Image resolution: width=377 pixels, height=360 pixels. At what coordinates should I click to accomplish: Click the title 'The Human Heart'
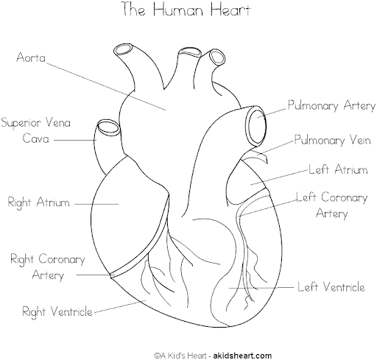pos(186,10)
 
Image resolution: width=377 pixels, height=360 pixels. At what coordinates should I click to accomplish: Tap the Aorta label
pos(31,57)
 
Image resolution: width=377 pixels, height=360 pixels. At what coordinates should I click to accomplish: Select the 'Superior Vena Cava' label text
pos(36,130)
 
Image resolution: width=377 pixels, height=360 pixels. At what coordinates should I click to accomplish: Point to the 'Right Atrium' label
pos(39,202)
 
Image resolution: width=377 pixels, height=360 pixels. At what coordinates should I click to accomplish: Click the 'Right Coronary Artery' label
pos(48,267)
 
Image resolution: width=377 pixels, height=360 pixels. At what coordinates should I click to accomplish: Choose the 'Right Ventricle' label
pos(57,311)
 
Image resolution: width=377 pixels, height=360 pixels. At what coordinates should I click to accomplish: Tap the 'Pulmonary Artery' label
pos(331,105)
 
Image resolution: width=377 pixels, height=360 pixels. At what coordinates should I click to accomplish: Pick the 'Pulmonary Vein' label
pos(332,140)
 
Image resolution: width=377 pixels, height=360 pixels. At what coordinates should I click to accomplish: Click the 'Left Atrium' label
pos(338,169)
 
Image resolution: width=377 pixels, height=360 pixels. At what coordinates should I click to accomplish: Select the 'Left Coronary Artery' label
pos(332,205)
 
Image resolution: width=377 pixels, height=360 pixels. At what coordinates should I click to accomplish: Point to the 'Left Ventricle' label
pos(331,286)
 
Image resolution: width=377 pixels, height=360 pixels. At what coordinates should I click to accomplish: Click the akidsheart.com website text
pos(242,356)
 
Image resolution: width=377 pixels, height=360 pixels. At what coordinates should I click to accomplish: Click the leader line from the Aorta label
pos(106,87)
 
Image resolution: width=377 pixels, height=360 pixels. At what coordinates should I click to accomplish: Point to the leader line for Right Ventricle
pos(120,306)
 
